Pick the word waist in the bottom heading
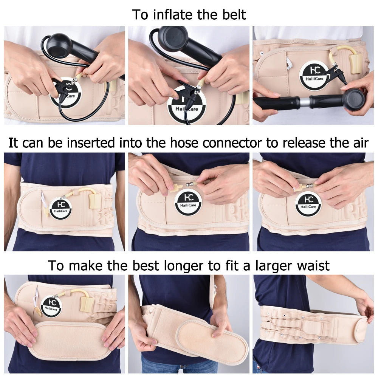click(x=311, y=265)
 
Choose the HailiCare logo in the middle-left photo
click(x=60, y=208)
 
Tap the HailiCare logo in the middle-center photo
click(x=188, y=202)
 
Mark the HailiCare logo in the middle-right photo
click(x=308, y=203)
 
